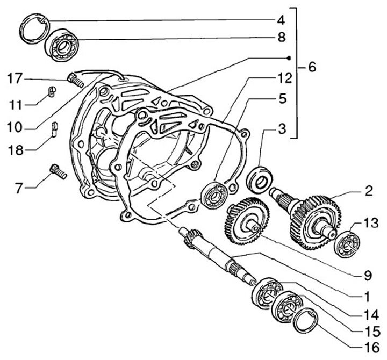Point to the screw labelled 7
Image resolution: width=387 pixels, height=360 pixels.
[58, 172]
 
